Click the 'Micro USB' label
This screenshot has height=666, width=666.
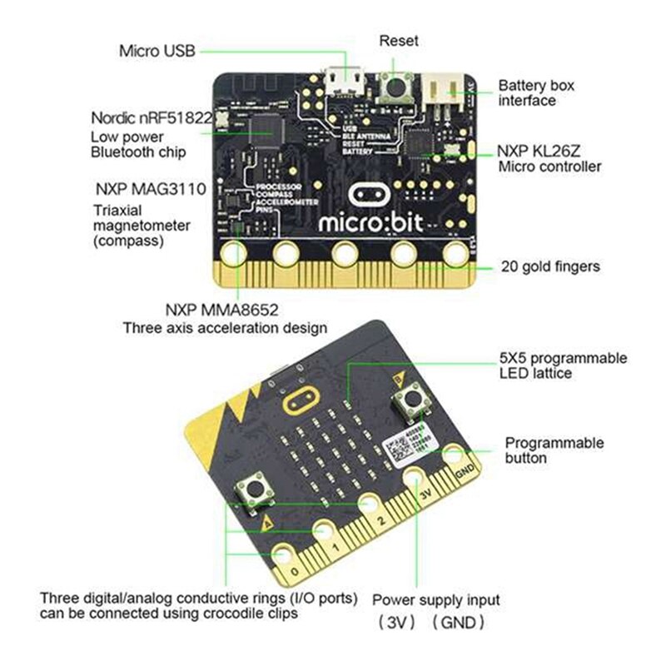click(157, 51)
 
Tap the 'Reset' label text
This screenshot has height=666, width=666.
click(398, 40)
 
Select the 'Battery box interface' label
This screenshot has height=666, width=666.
click(535, 92)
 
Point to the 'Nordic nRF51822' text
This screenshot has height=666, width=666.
click(149, 117)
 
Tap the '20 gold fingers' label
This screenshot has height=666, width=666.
click(549, 267)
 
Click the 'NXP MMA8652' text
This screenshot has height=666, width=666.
click(221, 310)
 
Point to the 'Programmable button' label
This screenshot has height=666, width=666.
click(554, 450)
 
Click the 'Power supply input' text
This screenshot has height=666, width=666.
click(435, 599)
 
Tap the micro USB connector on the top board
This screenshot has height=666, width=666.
click(344, 79)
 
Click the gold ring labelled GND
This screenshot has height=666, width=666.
click(454, 455)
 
